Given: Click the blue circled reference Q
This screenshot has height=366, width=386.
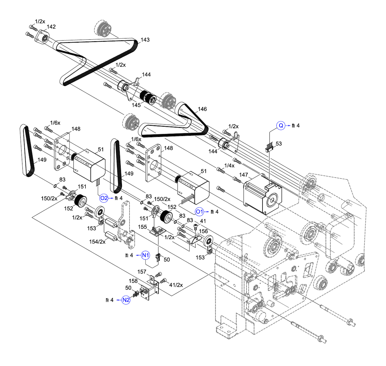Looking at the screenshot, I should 281,126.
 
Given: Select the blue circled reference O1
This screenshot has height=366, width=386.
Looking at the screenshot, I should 200,212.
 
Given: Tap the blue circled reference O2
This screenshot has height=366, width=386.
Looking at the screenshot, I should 104,198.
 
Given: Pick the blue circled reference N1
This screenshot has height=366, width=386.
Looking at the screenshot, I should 145,255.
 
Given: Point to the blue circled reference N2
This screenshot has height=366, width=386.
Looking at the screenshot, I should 126,300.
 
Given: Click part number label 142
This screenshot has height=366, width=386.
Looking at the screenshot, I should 51,27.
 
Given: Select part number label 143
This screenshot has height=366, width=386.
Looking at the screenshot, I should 145,40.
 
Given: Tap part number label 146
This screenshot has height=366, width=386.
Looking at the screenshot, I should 202,109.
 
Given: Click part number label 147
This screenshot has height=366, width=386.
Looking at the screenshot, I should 243,175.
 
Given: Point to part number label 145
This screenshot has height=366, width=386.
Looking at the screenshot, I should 136,105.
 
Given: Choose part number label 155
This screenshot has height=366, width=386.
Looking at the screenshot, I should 142,227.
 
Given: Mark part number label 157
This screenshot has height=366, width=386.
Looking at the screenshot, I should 142,272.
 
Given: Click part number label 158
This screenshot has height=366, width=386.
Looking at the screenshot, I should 133,281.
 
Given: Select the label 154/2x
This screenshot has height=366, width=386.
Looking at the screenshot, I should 97,242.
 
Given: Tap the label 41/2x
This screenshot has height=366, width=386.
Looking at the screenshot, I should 176,285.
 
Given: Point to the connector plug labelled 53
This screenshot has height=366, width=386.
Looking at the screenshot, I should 269,148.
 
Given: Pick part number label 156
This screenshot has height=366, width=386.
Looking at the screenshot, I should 203,231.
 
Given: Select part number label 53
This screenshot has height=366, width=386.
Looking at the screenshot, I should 278,144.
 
